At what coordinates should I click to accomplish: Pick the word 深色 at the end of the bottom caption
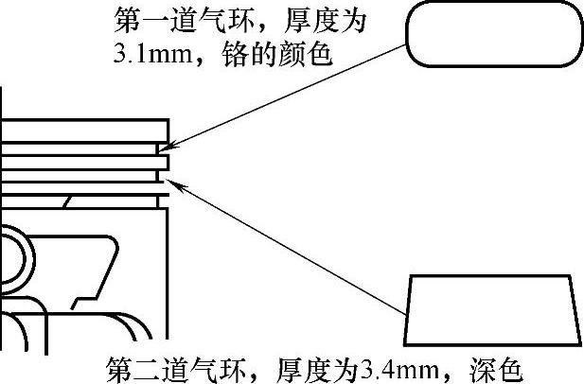(500, 367)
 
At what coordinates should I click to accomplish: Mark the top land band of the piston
(85, 130)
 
